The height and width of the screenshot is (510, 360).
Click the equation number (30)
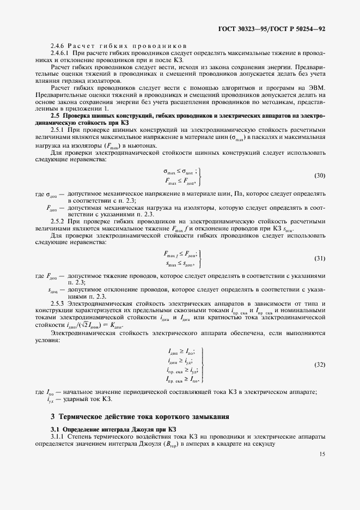pos(320,175)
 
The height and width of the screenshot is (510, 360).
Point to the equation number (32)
pos(320,363)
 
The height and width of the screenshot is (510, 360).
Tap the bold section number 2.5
pos(54,116)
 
